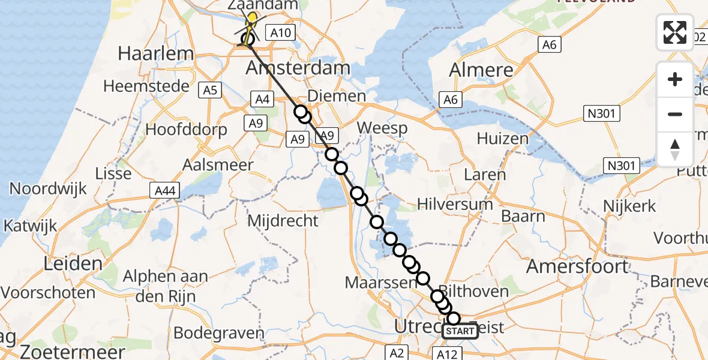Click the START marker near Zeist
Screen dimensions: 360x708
tap(460, 331)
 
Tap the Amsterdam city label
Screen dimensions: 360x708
tap(298, 68)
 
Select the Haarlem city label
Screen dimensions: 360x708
tap(156, 53)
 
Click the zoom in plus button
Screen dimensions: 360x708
tap(675, 79)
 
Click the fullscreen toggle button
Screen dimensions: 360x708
tap(675, 32)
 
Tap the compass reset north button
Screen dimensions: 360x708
tap(675, 149)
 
